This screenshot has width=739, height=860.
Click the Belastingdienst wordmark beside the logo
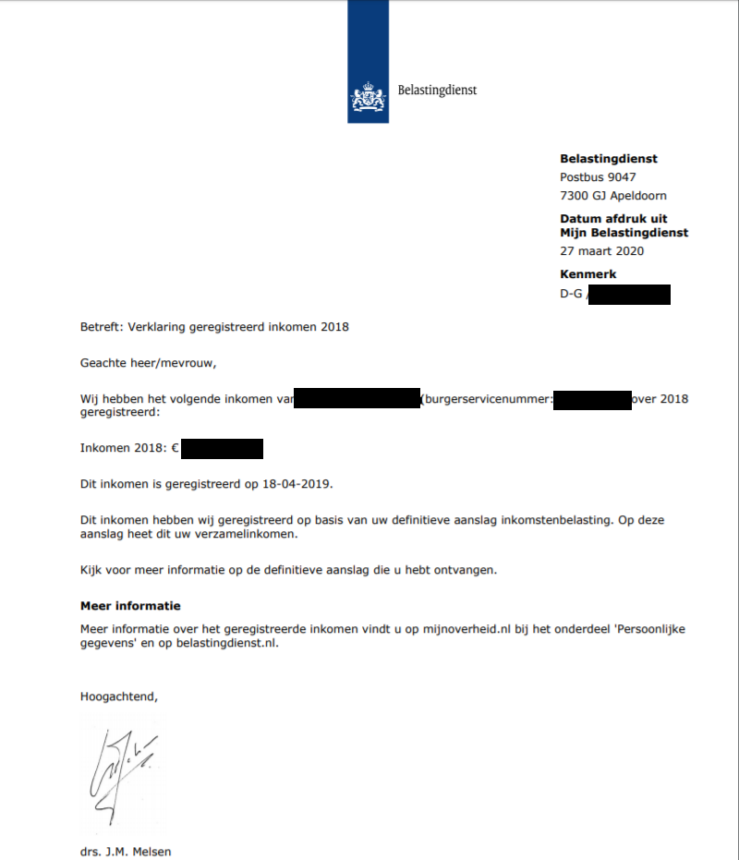click(x=437, y=91)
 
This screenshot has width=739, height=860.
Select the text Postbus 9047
click(x=598, y=177)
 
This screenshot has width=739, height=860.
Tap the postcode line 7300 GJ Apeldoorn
click(x=612, y=196)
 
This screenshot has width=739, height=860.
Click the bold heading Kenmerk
click(x=588, y=274)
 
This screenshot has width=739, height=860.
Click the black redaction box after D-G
click(x=628, y=296)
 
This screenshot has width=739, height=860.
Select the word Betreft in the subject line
click(x=100, y=326)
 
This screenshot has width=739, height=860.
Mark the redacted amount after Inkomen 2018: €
click(x=223, y=450)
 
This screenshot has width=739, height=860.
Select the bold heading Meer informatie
click(x=130, y=607)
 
